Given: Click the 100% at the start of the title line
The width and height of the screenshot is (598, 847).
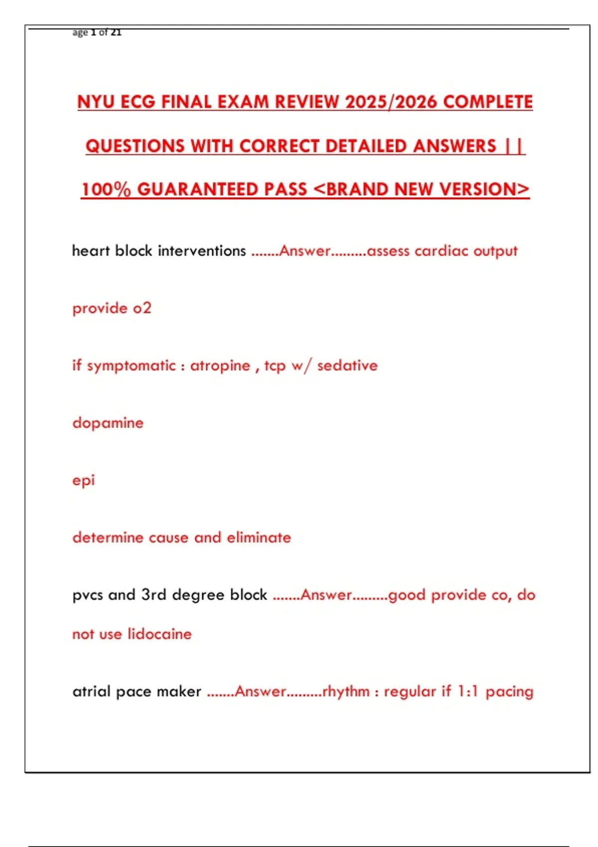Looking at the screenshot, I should coord(106,189).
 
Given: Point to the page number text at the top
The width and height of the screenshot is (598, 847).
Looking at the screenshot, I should coord(97,32).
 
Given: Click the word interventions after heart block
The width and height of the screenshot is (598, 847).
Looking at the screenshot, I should coord(202,251).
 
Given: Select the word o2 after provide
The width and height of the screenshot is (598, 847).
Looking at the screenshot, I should coord(142,308).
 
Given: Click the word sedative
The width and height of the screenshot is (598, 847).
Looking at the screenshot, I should coord(347,366).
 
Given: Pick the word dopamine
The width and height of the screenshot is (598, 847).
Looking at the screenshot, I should coord(108,423).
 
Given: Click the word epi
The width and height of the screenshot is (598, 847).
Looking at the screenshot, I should coord(83,481).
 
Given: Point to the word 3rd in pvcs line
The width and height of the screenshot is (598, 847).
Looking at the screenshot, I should coord(153,595).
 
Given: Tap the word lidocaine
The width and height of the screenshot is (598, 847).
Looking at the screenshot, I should coord(159,634).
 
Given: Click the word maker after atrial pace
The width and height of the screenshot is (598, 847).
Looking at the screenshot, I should coord(179,692).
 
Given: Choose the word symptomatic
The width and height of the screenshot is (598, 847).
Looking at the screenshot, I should coord(131,366).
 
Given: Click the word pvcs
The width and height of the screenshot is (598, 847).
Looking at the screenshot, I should coord(87,595).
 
